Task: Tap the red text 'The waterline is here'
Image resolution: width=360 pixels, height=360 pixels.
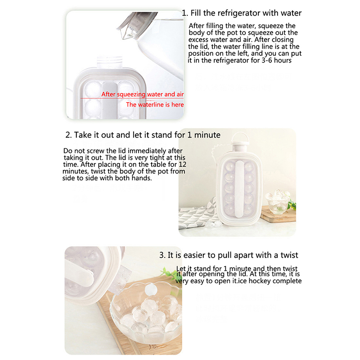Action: click(155, 105)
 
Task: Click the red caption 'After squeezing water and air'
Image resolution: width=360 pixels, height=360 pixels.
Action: click(143, 94)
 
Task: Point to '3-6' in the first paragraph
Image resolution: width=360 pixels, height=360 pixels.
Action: click(267, 60)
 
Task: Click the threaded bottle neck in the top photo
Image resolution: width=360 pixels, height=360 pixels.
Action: click(109, 62)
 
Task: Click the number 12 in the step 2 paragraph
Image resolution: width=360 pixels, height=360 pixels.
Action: click(183, 164)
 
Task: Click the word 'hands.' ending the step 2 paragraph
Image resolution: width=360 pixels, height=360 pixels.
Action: click(142, 178)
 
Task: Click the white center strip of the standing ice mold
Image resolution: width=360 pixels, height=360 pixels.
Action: click(239, 189)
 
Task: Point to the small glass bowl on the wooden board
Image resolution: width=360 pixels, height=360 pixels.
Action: click(277, 202)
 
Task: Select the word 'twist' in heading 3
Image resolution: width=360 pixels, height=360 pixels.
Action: click(289, 255)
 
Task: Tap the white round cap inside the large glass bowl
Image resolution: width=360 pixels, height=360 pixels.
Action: click(151, 289)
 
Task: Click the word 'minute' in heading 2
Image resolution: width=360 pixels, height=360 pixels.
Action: click(207, 135)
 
